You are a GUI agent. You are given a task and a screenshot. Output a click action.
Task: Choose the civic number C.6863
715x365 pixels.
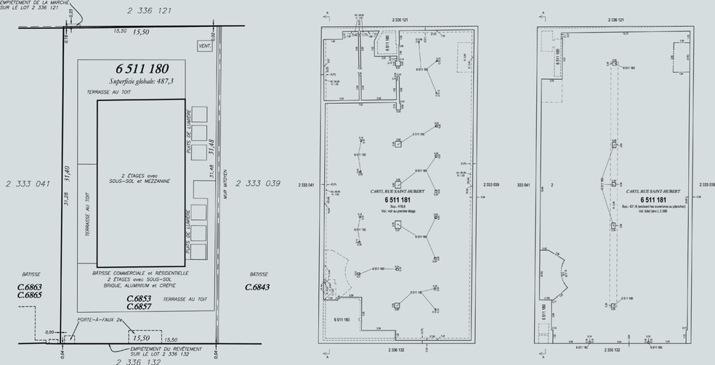click(x=30, y=287)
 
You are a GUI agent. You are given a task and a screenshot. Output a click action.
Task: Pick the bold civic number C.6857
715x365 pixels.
click(x=138, y=306)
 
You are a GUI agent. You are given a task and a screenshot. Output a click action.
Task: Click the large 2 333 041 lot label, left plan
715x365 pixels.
click(x=25, y=184)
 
